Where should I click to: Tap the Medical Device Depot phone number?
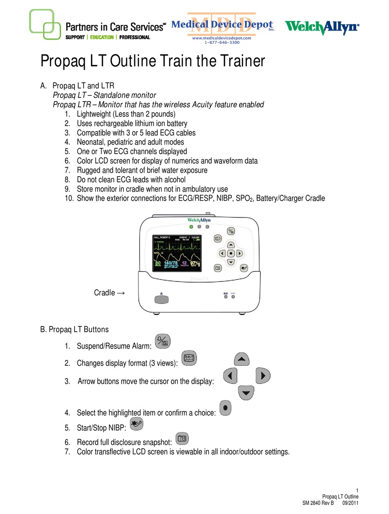tap(222, 42)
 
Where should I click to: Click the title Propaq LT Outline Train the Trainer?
tap(152, 62)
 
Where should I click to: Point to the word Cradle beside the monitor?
tap(104, 293)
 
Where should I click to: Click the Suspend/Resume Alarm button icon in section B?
tap(163, 341)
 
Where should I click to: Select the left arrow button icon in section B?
tap(231, 375)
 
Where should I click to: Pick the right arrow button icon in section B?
tap(263, 375)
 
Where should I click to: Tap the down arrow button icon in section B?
tap(246, 393)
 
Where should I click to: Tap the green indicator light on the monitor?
tap(191, 226)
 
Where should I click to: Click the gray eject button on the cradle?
tap(163, 298)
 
